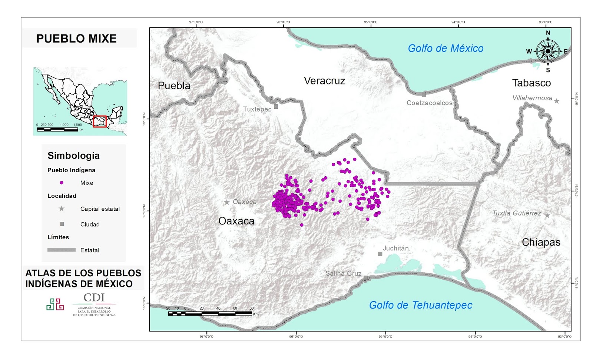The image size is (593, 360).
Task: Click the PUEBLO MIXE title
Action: click(x=76, y=39)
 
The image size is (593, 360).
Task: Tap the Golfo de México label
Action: click(x=445, y=48)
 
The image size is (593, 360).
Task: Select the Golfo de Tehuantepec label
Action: click(x=420, y=305)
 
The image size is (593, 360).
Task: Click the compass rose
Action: click(x=548, y=51)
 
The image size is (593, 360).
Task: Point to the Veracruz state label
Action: click(x=324, y=81)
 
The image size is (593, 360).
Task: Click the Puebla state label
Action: click(x=174, y=86)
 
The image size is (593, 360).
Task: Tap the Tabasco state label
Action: click(x=531, y=83)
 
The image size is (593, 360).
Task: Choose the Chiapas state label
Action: click(x=541, y=242)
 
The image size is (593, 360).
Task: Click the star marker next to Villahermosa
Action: click(x=556, y=101)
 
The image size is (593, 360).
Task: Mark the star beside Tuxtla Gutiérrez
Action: click(x=547, y=216)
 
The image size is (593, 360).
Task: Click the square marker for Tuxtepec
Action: click(x=276, y=106)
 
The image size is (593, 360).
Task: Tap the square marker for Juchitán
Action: click(x=380, y=254)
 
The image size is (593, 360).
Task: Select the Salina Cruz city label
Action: click(x=343, y=273)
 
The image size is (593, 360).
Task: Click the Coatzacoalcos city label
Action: click(x=429, y=103)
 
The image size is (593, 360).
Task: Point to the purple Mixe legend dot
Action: click(x=62, y=183)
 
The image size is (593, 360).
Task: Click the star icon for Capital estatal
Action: click(x=62, y=209)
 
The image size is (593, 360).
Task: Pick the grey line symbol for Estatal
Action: click(x=62, y=250)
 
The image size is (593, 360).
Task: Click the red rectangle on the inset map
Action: click(x=100, y=121)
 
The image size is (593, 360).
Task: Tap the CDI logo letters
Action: click(x=94, y=297)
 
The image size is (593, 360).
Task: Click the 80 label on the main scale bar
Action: click(x=252, y=308)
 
